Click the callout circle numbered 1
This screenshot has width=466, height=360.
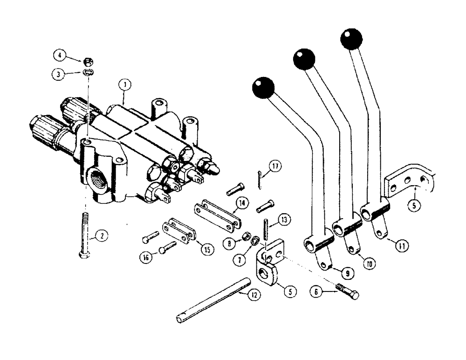124,85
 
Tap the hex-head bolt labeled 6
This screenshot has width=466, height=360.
346,291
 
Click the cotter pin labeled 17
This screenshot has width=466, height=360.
260,180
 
